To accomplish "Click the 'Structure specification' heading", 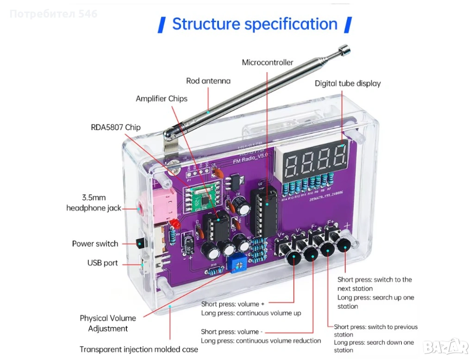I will pyautogui.click(x=255, y=24).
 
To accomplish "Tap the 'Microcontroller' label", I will pyautogui.click(x=268, y=62).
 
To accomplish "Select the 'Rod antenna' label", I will pyautogui.click(x=208, y=81).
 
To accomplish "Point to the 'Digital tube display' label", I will pyautogui.click(x=348, y=83).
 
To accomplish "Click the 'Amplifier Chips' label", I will pyautogui.click(x=162, y=99).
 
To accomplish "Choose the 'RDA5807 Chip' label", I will pyautogui.click(x=116, y=127).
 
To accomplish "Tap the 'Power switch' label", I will pyautogui.click(x=95, y=243).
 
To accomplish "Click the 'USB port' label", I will pyautogui.click(x=103, y=263).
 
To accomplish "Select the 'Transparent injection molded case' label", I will pyautogui.click(x=139, y=349).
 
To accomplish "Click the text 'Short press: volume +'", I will pyautogui.click(x=233, y=304).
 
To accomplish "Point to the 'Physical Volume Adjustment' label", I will pyautogui.click(x=108, y=323).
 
